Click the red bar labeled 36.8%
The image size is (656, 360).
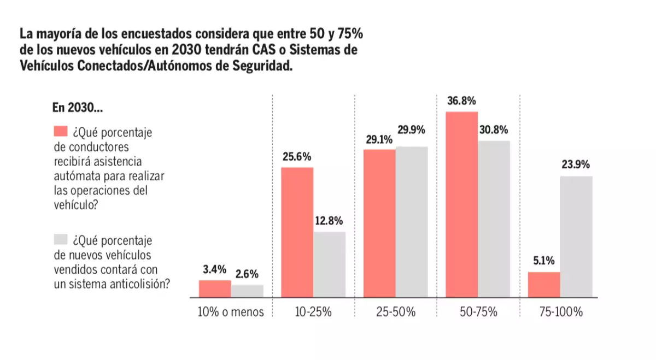[x=462, y=204]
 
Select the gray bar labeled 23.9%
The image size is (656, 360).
[x=576, y=237]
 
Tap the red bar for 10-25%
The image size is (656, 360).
[x=297, y=232]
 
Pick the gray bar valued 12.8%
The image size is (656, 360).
[x=329, y=264]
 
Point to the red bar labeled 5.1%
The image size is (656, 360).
[x=544, y=285]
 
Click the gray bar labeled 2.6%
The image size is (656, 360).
[x=247, y=291]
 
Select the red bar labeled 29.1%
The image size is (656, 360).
[x=379, y=223]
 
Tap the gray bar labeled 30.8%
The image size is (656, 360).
[x=494, y=219]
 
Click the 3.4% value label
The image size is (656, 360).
[x=214, y=268]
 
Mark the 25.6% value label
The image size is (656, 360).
[x=297, y=157]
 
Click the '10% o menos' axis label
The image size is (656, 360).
[x=231, y=313]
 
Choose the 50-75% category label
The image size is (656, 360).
[x=478, y=313]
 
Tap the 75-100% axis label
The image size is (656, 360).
[x=560, y=313]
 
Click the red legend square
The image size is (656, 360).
[x=60, y=132]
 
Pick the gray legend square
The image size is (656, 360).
[x=60, y=239]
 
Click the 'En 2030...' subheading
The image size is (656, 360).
[x=78, y=108]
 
